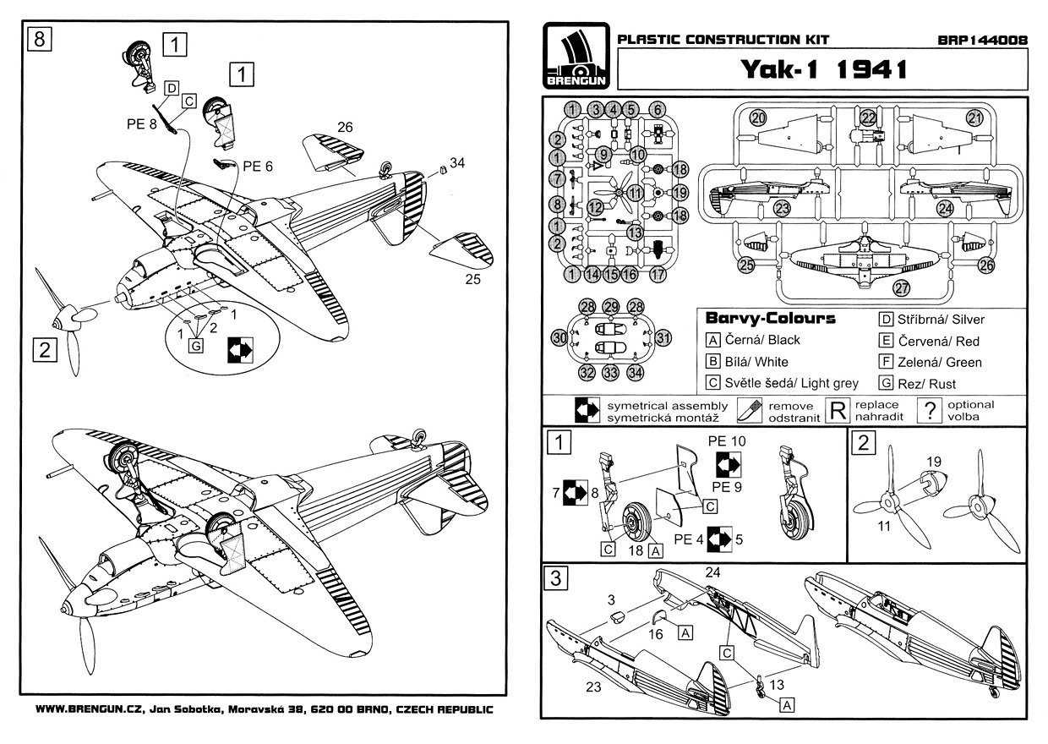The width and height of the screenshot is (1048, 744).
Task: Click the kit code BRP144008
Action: pyautogui.click(x=982, y=39)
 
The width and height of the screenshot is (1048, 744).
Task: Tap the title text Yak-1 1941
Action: pyautogui.click(x=824, y=69)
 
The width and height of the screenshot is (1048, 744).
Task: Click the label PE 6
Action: pyautogui.click(x=258, y=166)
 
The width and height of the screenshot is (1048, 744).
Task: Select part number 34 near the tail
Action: pyautogui.click(x=457, y=161)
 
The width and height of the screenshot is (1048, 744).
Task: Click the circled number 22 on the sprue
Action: pyautogui.click(x=869, y=118)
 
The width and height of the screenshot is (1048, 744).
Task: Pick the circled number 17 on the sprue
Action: pyautogui.click(x=659, y=274)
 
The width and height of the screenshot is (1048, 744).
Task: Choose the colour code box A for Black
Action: pyautogui.click(x=712, y=341)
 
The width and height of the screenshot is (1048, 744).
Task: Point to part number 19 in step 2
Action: pyautogui.click(x=933, y=461)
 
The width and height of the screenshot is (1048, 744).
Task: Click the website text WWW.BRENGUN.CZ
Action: pyautogui.click(x=89, y=710)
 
